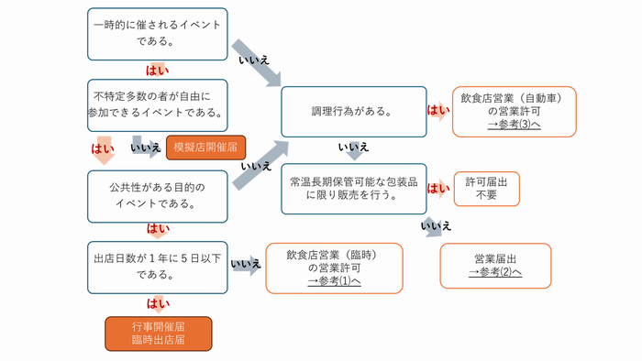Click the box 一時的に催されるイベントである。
(x=157, y=33)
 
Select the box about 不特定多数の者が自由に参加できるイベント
(x=157, y=104)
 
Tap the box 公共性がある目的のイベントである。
(x=157, y=195)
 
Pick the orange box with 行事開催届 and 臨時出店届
(x=158, y=334)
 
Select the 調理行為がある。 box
(x=353, y=112)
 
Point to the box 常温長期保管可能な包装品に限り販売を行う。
(x=353, y=188)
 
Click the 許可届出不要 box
(x=486, y=188)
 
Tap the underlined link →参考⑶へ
(x=514, y=124)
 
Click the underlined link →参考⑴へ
(x=334, y=280)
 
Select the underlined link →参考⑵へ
(x=495, y=272)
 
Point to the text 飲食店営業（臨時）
(x=334, y=254)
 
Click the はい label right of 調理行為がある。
(x=439, y=112)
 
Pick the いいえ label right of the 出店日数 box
(x=245, y=265)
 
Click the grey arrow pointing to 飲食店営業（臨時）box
(x=246, y=267)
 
